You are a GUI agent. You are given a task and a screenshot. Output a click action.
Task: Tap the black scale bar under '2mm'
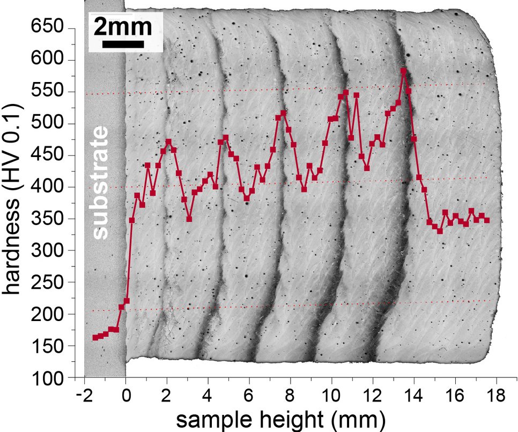[123, 44]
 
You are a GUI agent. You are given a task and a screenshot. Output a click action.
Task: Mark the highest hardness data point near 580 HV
[403, 71]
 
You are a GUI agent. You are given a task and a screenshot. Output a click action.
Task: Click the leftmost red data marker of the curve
[95, 337]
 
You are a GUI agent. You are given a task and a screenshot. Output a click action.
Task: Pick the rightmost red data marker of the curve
[486, 220]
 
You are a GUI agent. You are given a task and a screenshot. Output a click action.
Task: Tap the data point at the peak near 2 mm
[168, 142]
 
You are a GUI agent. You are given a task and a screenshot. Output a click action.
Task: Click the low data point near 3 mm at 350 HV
[189, 219]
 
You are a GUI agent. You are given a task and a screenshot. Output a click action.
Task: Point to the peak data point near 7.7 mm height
[284, 113]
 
